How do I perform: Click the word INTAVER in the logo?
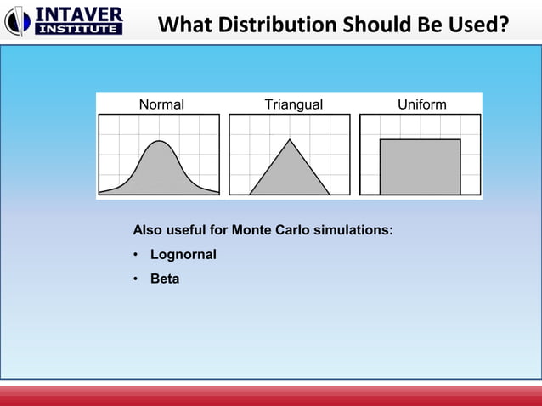click(78, 14)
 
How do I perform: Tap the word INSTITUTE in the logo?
click(78, 29)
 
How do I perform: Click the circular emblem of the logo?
click(18, 21)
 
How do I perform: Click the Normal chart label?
click(161, 104)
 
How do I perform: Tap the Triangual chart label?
click(293, 104)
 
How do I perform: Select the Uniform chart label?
click(422, 104)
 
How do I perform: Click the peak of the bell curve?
click(158, 141)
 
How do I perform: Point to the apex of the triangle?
click(291, 139)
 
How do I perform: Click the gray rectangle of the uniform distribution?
click(420, 167)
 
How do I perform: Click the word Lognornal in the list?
click(183, 254)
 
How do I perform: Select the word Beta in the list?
click(165, 278)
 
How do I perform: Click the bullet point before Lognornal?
click(136, 255)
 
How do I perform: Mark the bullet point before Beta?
click(136, 279)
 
